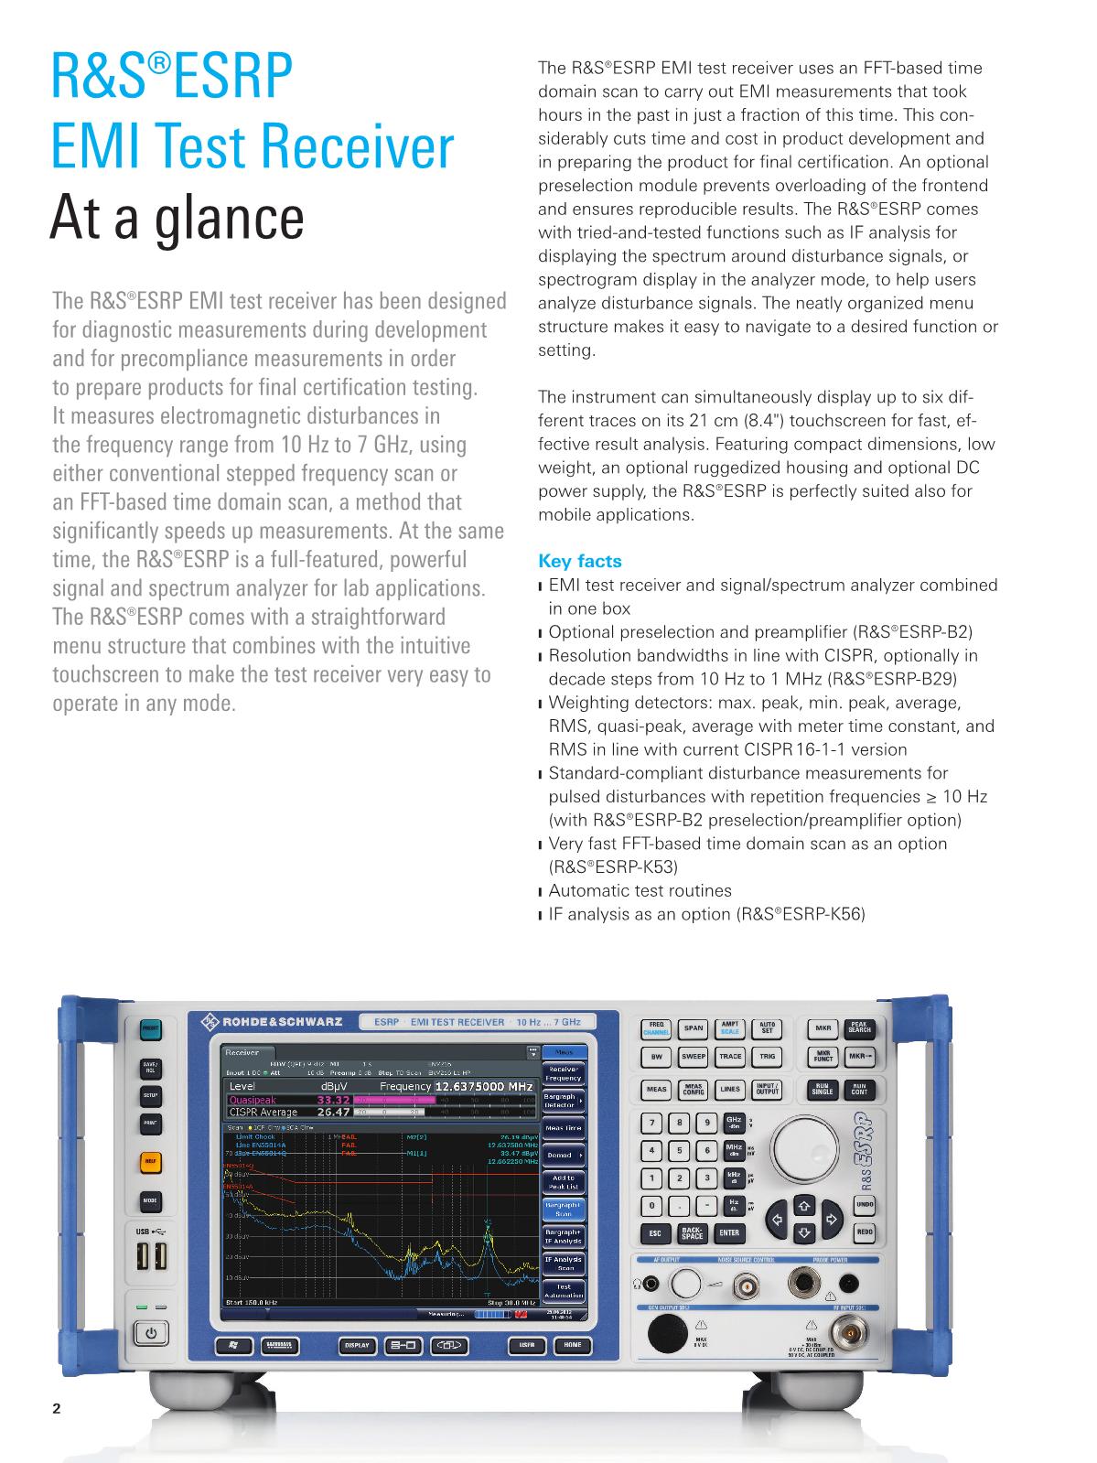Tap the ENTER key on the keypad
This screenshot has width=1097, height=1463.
[x=729, y=1232]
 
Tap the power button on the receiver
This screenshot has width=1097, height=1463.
[x=151, y=1333]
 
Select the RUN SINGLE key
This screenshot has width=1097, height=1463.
[x=823, y=1090]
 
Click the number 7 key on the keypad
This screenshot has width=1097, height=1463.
[x=652, y=1123]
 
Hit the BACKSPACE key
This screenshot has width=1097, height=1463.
[x=693, y=1233]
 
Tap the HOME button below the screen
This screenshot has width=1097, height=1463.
[x=573, y=1345]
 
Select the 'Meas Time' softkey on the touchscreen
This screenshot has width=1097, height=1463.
[x=564, y=1128]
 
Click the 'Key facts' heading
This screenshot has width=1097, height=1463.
[x=579, y=561]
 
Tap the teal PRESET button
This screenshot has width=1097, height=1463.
[x=150, y=1029]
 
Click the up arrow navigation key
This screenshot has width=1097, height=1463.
[x=803, y=1203]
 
